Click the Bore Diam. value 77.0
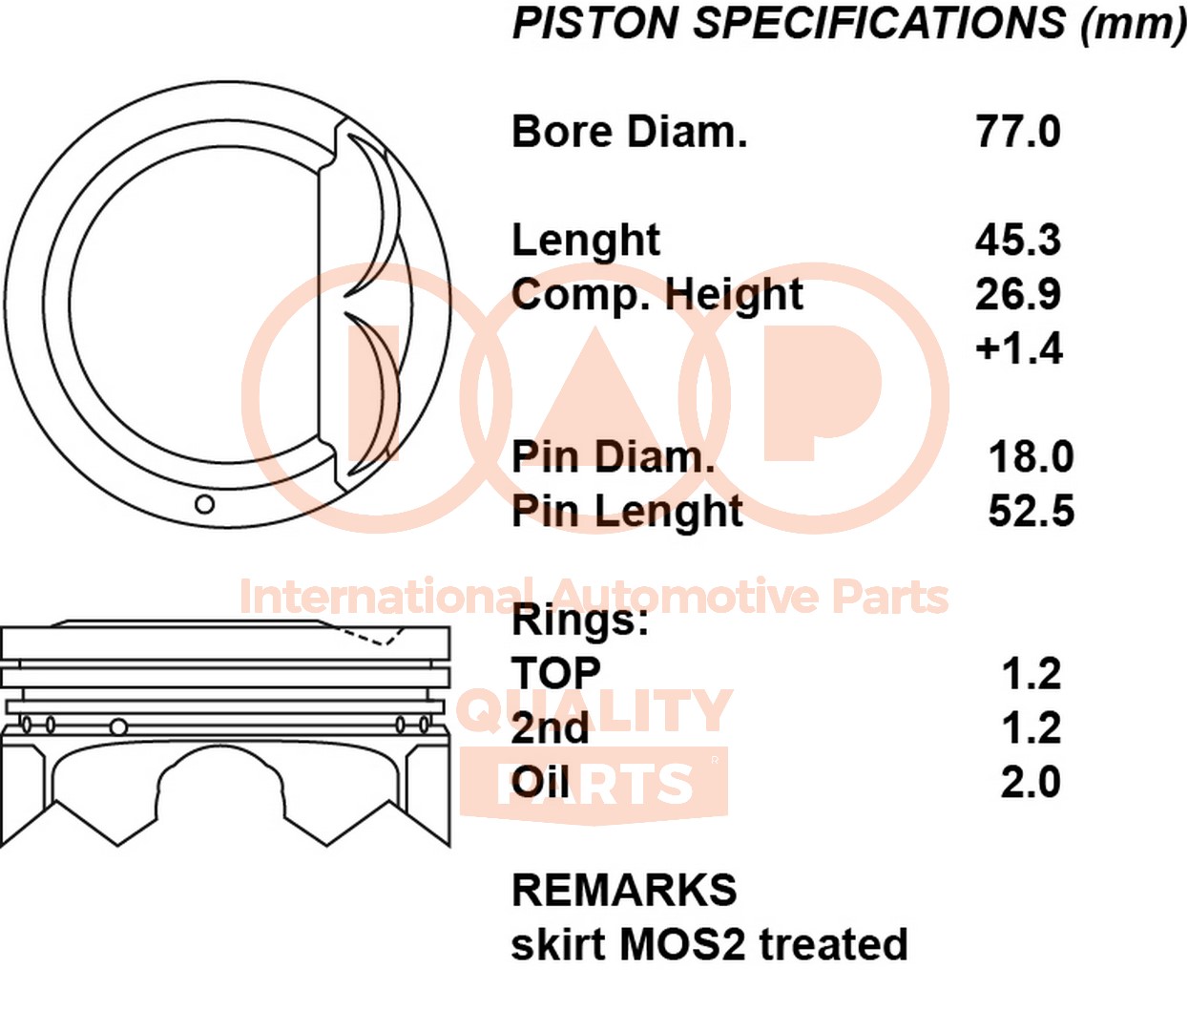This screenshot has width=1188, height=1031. coord(1017,132)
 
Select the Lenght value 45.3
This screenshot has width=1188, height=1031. coord(1017,240)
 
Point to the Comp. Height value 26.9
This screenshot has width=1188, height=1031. coord(1017,294)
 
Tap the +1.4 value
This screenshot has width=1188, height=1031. coord(1018,348)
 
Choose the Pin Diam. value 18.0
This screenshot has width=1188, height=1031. coord(1031,457)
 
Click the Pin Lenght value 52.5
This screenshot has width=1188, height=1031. coord(1031,512)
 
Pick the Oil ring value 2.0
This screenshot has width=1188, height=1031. coord(1031,783)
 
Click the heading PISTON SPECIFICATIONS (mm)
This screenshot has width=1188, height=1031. coord(848,24)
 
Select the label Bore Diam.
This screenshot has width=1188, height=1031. coord(629,132)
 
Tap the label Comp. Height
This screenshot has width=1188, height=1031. coord(657,295)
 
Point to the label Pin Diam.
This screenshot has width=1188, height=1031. coord(613,457)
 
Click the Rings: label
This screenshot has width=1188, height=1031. coord(579,621)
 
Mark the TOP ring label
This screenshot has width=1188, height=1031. coord(556,674)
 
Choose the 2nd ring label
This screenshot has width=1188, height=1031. coord(550,728)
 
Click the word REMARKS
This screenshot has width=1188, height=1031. coord(624,891)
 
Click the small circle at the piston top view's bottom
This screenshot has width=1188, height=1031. coord(204,504)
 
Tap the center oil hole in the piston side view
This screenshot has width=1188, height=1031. coord(118,727)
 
